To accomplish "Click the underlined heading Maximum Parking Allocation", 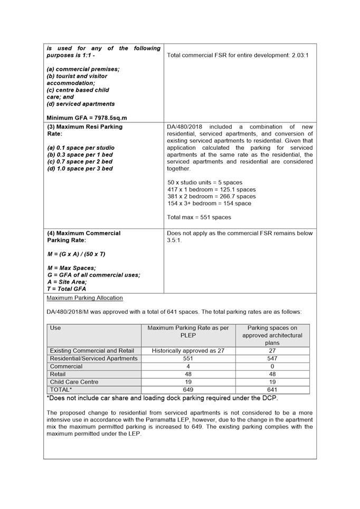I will click(84, 298).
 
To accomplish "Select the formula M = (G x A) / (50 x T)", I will click(76, 254).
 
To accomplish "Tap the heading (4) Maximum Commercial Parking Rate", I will click(83, 237).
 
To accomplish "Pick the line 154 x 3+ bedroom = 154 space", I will click(209, 203).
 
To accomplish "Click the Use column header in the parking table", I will click(55, 328).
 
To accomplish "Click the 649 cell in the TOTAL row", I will click(188, 390).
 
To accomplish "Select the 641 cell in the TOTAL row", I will click(272, 390).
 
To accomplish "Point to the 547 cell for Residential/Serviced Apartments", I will click(272, 359).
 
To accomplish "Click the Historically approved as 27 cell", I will click(188, 351).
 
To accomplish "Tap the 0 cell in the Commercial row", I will click(272, 367).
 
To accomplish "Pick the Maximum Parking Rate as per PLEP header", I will click(188, 331).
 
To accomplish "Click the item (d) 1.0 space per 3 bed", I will click(80, 169).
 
